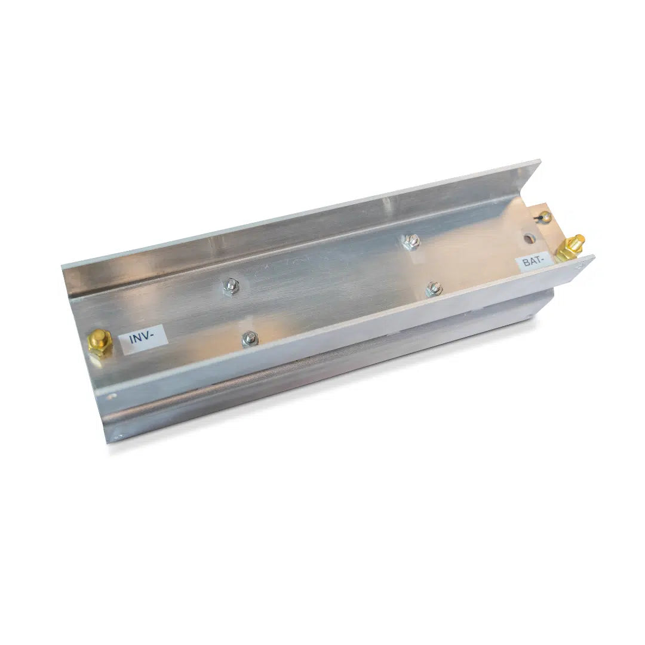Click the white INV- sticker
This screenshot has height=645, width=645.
143,339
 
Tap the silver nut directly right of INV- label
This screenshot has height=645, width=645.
250,339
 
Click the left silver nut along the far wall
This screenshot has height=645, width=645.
231,285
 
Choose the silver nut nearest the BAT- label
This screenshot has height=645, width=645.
434,288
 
